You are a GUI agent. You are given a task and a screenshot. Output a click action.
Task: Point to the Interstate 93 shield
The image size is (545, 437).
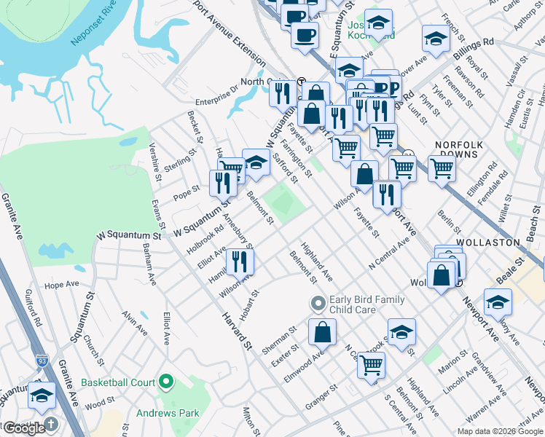[x=42, y=361]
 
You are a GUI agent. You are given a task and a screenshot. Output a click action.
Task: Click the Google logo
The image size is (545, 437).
[x=23, y=428]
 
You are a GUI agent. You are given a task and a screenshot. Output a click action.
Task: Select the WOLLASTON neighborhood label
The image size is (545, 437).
[x=487, y=242]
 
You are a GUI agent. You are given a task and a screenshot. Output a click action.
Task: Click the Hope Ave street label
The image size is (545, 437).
[x=61, y=285]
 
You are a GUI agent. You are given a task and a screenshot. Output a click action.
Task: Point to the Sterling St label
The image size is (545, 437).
[x=180, y=160]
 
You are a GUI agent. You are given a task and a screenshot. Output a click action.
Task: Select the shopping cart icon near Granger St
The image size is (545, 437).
[x=371, y=364]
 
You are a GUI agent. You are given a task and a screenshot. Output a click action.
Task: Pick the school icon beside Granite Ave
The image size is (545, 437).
[x=42, y=395]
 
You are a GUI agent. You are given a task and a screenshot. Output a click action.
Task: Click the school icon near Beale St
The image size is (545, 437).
[x=498, y=302]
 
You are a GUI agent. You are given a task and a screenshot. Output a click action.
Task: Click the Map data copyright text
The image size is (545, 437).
[x=499, y=431]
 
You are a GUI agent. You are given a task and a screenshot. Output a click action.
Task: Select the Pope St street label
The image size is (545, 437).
[x=187, y=195]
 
